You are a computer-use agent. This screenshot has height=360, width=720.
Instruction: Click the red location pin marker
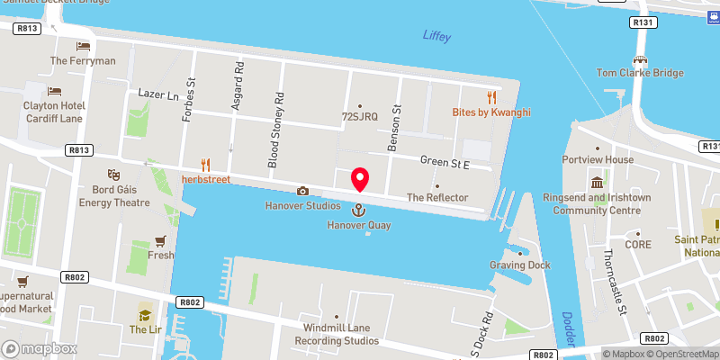[360, 179]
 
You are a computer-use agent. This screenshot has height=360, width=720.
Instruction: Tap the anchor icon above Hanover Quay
[359, 210]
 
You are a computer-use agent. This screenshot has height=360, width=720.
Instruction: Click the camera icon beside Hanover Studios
[302, 191]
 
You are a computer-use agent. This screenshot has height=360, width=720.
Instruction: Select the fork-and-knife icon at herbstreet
[206, 164]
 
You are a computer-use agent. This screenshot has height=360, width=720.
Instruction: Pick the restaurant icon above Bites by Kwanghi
[491, 96]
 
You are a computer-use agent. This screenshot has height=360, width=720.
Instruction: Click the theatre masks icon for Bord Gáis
[114, 173]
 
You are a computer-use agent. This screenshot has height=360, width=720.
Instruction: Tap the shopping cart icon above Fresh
[161, 240]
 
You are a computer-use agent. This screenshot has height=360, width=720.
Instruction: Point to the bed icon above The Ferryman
[83, 46]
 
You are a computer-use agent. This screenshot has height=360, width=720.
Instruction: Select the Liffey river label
[437, 36]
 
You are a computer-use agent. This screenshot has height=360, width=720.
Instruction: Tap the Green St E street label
[446, 162]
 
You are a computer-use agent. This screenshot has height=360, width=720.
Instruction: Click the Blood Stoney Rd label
[274, 130]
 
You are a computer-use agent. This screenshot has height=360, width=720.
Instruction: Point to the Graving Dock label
[519, 265]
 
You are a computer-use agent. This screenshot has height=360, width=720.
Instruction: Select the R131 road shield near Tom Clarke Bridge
[616, 22]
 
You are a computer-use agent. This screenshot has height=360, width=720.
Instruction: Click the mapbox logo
[40, 348]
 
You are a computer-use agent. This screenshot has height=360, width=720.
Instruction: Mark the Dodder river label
[568, 326]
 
